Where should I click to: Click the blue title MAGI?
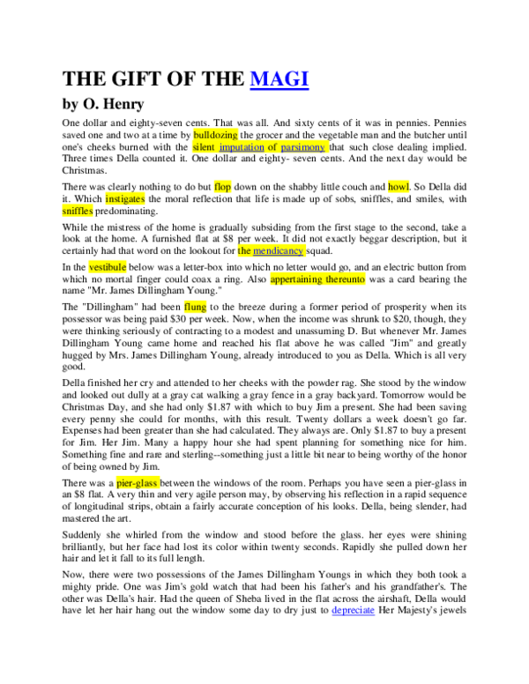coord(279,79)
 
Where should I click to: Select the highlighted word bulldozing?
coord(215,135)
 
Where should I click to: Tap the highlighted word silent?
coord(204,148)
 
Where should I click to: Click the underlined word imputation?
coord(242,148)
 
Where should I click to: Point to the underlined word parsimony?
coord(303,148)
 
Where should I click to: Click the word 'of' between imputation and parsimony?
coord(272,148)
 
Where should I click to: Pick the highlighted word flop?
coord(222,187)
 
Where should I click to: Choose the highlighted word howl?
coord(399,187)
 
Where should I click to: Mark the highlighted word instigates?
coord(125,199)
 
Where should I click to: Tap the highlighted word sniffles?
coord(78,211)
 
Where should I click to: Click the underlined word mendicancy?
coord(278,251)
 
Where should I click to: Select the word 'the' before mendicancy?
coord(244,251)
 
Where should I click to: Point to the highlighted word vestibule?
coord(108,267)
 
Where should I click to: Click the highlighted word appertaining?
coord(296,279)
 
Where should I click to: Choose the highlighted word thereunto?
coord(345,279)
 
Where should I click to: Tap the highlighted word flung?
coord(195,307)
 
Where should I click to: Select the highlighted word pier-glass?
coord(138,483)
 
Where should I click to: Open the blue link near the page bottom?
coord(353,610)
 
